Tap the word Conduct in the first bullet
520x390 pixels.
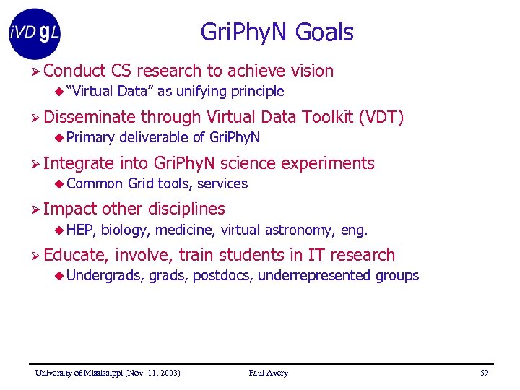(74, 71)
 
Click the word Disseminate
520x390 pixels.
(90, 117)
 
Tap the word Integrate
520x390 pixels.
(79, 164)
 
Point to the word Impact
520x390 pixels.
(70, 209)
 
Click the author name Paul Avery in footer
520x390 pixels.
(268, 373)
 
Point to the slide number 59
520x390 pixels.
(484, 373)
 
